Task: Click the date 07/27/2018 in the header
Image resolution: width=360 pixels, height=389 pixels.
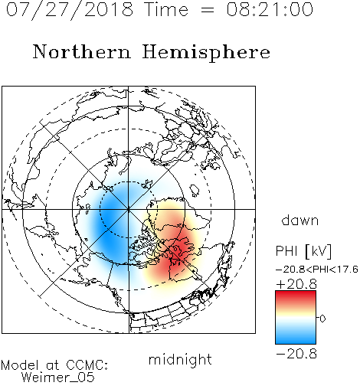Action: coord(70,10)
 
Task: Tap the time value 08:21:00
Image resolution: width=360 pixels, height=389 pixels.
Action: coord(270,10)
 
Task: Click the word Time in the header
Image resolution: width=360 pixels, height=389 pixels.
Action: coord(166,10)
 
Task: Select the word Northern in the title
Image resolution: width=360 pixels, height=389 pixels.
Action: coord(82,52)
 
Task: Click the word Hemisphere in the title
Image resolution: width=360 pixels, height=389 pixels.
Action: coord(206,53)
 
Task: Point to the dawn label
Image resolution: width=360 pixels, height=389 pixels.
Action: coord(300,220)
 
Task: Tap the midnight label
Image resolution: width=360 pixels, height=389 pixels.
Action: coord(180,360)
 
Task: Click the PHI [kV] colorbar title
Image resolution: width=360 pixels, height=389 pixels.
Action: coord(303,251)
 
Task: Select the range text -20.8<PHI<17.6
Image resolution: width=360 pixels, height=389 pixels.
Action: coord(317,270)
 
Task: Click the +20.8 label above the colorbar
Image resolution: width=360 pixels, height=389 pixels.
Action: coord(296,284)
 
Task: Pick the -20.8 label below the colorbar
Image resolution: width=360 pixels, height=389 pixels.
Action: coord(296,354)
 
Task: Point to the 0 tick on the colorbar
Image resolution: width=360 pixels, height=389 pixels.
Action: coord(322,319)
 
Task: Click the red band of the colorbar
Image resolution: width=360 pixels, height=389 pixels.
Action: coord(296,296)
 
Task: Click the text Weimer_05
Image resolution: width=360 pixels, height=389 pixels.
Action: coord(58,378)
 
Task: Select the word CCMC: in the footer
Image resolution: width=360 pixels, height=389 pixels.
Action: coord(87,365)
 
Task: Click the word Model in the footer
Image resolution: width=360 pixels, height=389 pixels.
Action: coord(20,365)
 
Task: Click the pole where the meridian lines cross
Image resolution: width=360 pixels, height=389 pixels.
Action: coord(129,209)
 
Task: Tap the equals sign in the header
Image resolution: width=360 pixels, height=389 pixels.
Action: coord(208,11)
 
